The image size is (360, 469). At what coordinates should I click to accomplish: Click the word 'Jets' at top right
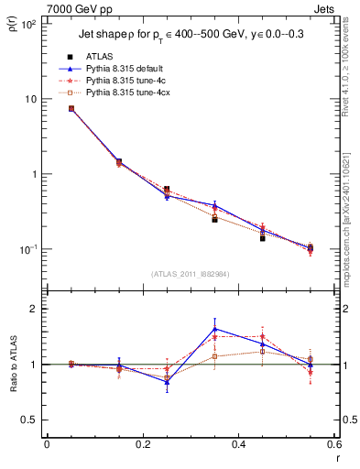click(x=325, y=8)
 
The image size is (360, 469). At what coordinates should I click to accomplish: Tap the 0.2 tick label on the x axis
click(x=142, y=446)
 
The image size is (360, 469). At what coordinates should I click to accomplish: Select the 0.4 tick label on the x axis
click(x=238, y=446)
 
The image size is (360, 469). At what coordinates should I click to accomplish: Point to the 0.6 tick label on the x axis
click(x=333, y=446)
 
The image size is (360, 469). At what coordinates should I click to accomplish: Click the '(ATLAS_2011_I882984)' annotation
click(x=190, y=275)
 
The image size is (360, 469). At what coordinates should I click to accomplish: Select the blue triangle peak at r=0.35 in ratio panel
click(x=214, y=329)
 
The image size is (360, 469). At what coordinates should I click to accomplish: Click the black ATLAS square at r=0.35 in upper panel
click(x=214, y=220)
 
